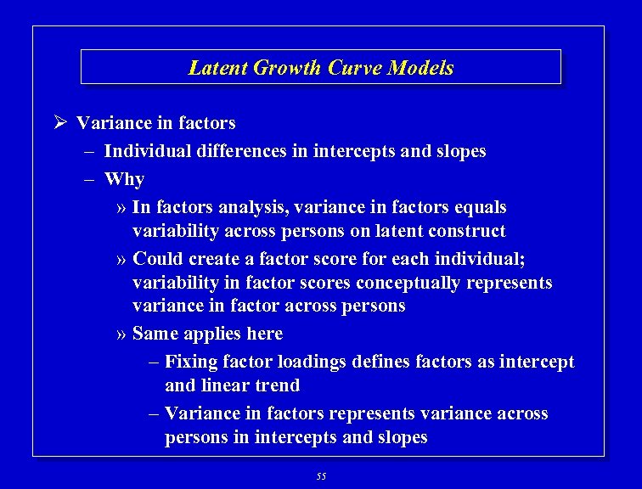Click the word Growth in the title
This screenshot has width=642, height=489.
click(282, 68)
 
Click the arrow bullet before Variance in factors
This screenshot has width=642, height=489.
click(59, 123)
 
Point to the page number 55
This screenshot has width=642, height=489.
click(320, 477)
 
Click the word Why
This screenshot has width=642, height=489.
click(124, 179)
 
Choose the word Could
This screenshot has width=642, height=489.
click(159, 258)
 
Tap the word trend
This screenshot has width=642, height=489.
click(279, 385)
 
